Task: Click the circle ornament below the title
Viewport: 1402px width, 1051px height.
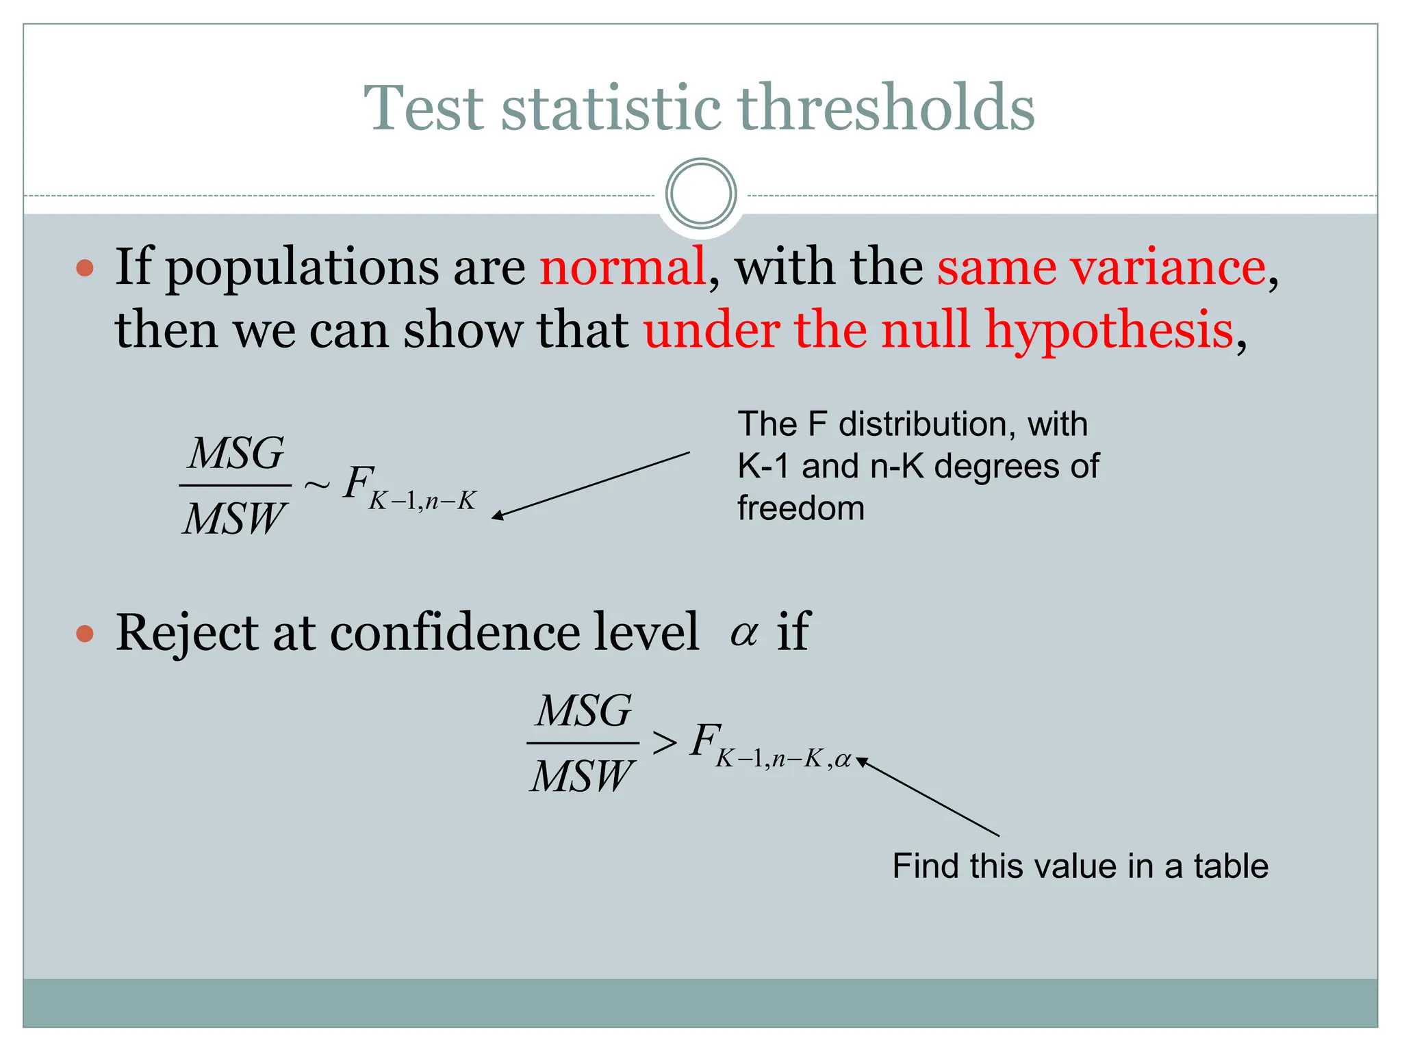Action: [700, 194]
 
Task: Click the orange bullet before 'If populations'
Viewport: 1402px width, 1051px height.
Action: [85, 268]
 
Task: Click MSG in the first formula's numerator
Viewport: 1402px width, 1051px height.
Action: [236, 453]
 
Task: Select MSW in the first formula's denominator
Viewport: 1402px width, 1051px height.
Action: [233, 518]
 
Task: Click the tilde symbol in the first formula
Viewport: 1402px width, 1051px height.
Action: [316, 485]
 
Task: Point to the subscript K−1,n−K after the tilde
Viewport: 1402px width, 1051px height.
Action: [422, 502]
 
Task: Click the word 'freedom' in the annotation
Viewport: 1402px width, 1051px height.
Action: [800, 508]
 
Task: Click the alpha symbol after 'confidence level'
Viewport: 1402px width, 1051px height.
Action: [743, 633]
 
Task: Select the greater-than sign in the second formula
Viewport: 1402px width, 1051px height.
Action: [664, 742]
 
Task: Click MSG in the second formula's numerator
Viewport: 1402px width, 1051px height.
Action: [583, 710]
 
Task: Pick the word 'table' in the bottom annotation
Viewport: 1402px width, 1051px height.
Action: [1230, 866]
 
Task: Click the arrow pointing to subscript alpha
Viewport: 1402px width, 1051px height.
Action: [928, 797]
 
